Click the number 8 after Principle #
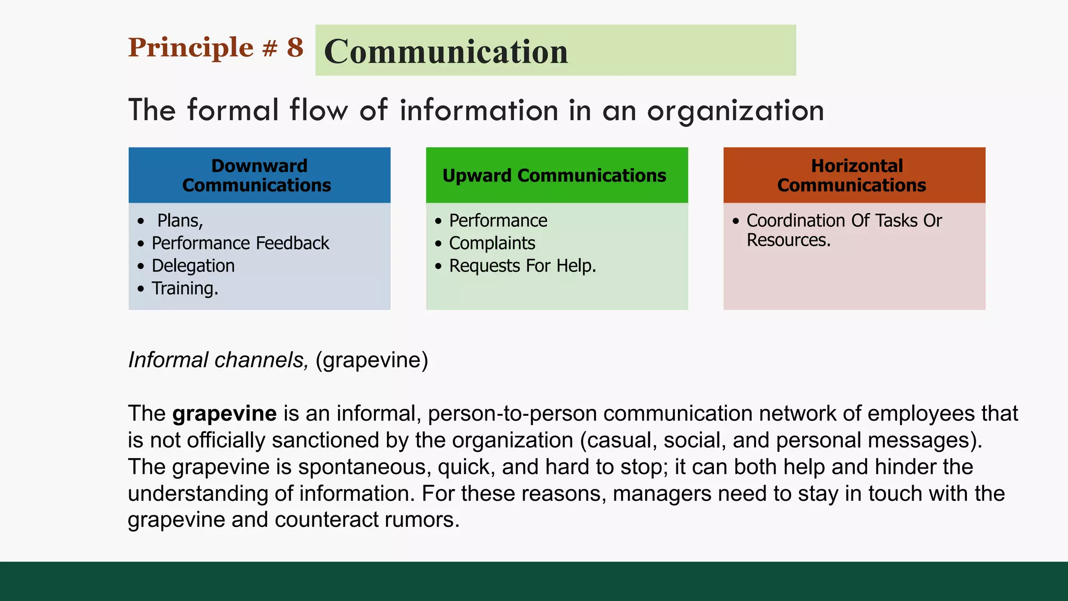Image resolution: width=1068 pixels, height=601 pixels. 295,47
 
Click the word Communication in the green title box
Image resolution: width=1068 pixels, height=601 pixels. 446,52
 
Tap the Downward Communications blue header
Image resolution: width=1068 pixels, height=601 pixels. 259,175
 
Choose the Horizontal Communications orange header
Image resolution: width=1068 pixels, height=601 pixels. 854,175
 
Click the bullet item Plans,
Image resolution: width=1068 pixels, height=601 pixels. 180,221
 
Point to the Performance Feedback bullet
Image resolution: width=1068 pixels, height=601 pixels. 240,243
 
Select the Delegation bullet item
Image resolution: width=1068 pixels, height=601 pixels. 193,266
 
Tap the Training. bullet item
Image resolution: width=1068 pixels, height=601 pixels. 185,288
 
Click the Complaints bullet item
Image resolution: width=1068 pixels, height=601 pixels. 492,243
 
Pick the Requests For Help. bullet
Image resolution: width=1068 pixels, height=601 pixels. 522,266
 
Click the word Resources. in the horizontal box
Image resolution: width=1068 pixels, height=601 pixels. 788,240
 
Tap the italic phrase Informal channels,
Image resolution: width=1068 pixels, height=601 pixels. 219,360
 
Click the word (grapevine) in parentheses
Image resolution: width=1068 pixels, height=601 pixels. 372,360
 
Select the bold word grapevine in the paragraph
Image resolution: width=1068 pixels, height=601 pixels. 224,413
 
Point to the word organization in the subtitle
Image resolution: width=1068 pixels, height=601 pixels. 735,111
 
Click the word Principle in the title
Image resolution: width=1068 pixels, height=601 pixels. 191,47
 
